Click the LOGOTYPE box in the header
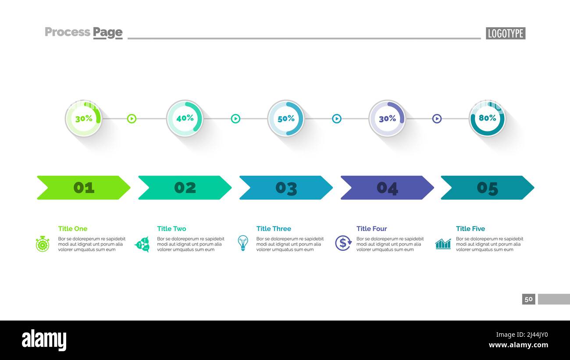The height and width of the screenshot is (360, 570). click(505, 33)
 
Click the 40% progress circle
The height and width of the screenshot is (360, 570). click(185, 118)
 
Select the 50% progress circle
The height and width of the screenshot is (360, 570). click(286, 118)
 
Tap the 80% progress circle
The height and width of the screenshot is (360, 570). click(487, 118)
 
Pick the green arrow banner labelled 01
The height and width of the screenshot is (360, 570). click(83, 188)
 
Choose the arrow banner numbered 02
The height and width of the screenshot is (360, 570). click(185, 188)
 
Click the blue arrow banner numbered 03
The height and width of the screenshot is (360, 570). click(286, 188)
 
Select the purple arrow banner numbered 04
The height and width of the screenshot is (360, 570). click(387, 188)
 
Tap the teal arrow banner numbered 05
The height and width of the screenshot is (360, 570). click(487, 188)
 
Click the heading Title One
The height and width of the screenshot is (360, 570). click(73, 228)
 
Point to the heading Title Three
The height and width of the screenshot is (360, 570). click(274, 228)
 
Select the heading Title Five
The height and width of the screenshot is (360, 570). click(470, 228)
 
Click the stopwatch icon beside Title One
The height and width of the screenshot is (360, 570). click(43, 244)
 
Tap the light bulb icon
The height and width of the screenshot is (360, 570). click(242, 243)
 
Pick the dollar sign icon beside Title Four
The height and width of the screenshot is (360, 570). click(343, 243)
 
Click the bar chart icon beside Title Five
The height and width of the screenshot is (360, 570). click(443, 244)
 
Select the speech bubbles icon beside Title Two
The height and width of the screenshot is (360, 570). click(142, 244)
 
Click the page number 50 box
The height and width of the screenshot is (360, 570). click(528, 299)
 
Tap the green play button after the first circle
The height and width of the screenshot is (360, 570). click(132, 118)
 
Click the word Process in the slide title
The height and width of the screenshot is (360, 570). click(67, 32)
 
